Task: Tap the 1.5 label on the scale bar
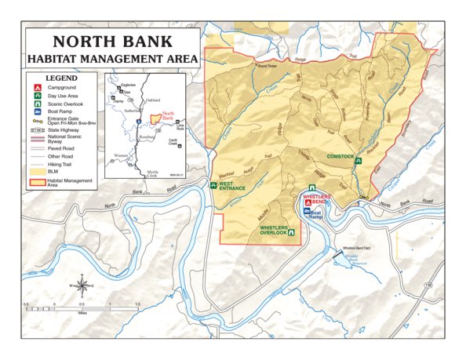(x=137, y=303)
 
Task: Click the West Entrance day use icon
(x=214, y=186)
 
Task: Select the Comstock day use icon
(x=357, y=161)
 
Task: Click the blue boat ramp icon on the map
(x=307, y=213)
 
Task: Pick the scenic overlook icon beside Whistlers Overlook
(x=292, y=232)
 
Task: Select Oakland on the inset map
(x=152, y=100)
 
